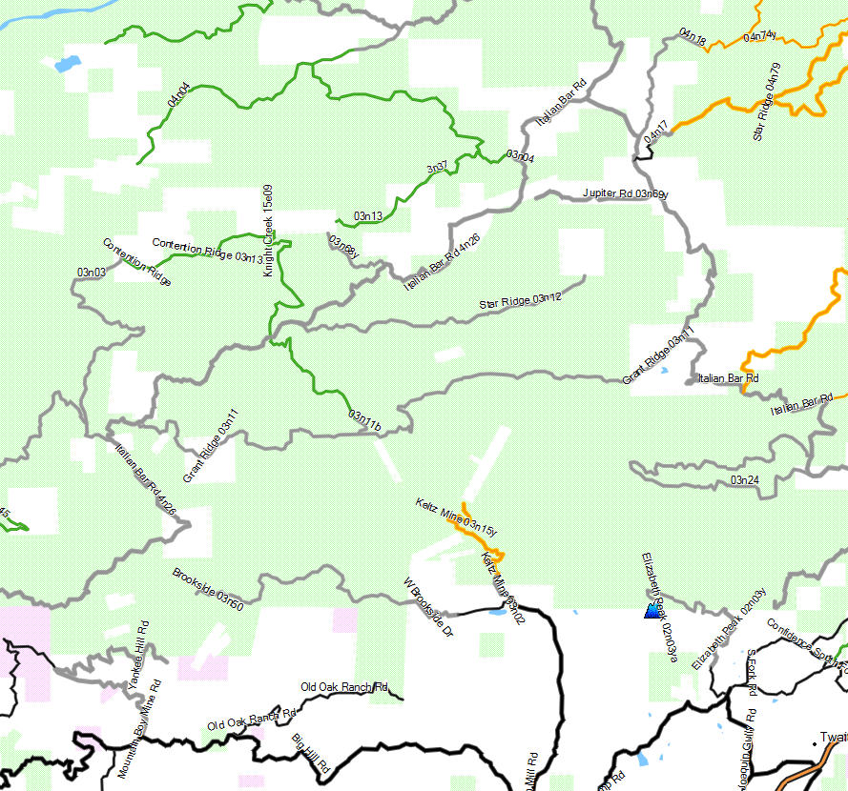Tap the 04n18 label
693,37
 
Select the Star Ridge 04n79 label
766,102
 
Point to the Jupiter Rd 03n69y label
625,193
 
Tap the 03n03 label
92,272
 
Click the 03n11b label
364,419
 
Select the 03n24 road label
744,479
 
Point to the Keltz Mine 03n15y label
456,515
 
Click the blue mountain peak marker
652,611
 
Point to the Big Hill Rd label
310,753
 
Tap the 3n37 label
437,168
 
